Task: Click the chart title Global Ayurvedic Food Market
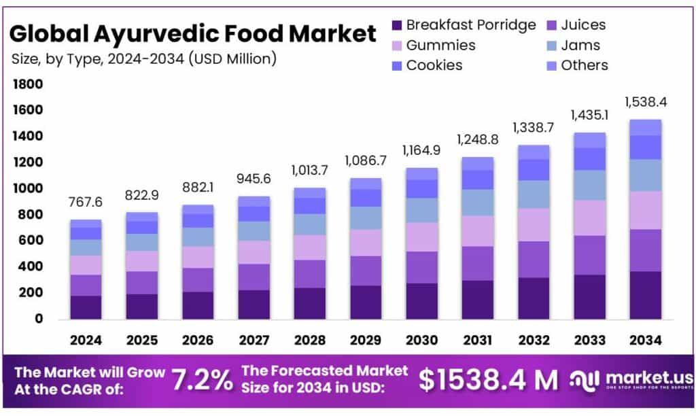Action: tap(193, 33)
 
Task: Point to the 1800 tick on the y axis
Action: tap(29, 84)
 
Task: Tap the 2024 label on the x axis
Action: tap(86, 339)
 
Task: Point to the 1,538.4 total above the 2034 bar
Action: tap(646, 103)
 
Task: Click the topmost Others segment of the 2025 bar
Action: tap(141, 217)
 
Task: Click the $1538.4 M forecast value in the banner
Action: tap(488, 379)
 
